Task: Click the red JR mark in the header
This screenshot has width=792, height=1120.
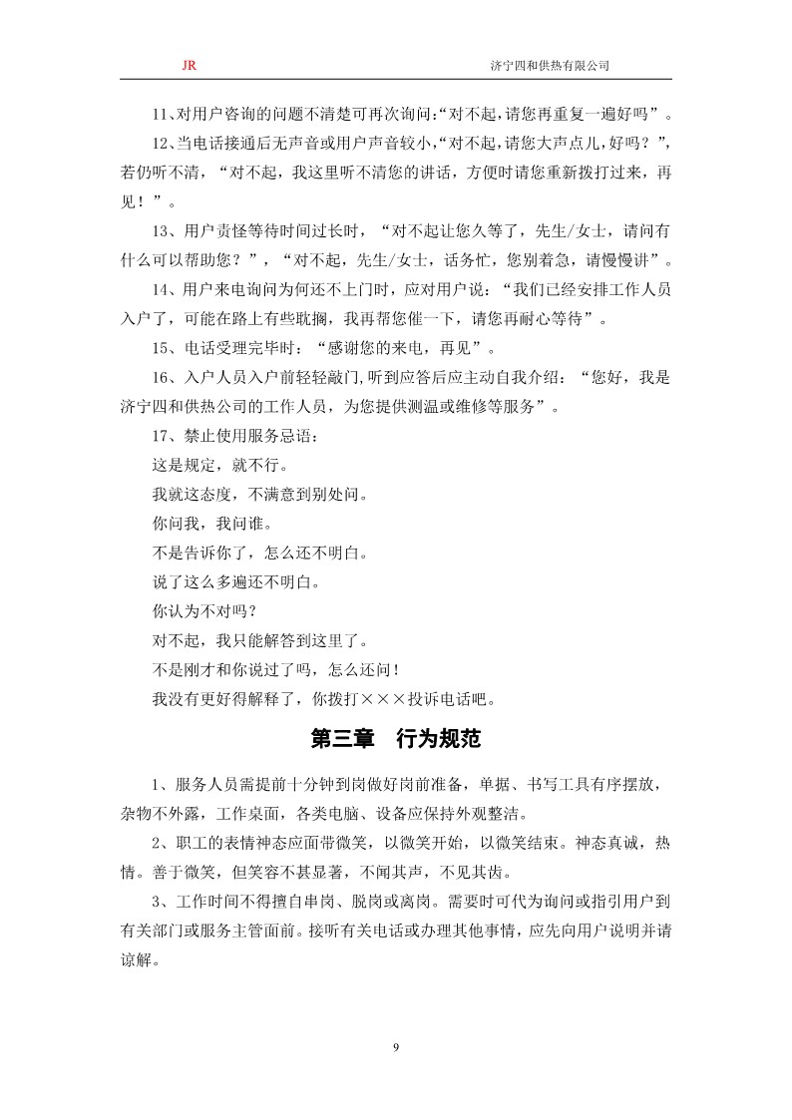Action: (189, 65)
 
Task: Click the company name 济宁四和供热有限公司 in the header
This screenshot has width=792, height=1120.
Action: (551, 65)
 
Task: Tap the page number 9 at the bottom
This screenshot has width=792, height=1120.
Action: (396, 1046)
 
